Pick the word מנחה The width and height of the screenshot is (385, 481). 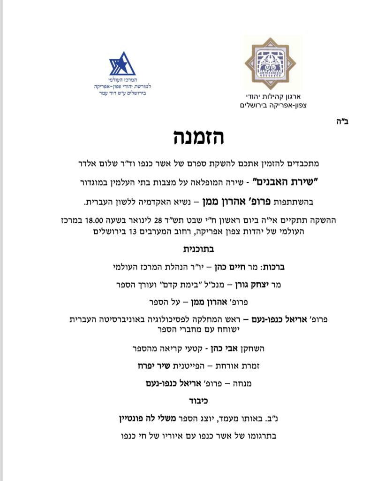(241, 383)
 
